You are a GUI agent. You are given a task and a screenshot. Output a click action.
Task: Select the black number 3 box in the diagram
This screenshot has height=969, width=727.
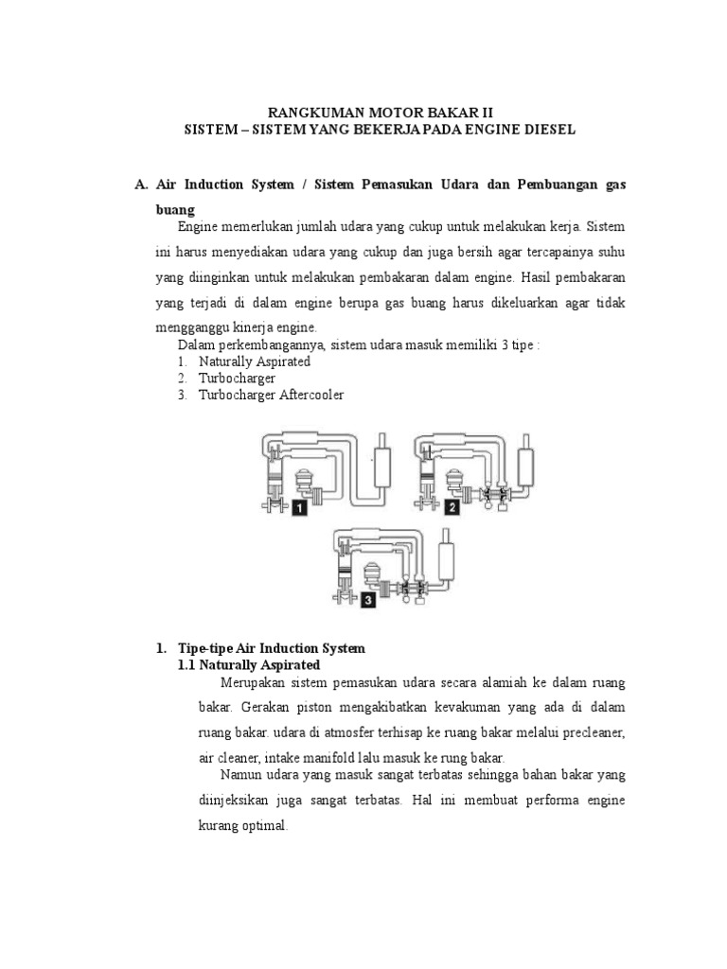coord(366,598)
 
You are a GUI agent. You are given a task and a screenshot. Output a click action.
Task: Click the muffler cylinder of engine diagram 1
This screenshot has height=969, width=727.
coord(383,461)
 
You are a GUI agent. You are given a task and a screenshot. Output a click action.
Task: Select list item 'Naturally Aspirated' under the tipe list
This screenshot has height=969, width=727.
coord(254,361)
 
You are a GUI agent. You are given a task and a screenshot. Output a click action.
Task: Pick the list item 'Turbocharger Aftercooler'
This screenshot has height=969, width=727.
coord(271,395)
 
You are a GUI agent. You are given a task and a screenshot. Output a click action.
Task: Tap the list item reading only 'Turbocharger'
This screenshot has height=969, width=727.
coord(237,379)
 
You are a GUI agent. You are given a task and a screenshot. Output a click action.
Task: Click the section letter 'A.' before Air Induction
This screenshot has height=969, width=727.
coord(143,184)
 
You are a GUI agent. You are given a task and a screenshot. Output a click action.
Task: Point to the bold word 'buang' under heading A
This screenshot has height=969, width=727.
coord(175,207)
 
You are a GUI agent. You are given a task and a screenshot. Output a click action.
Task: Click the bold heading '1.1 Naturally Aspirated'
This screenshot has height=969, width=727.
coord(249,665)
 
